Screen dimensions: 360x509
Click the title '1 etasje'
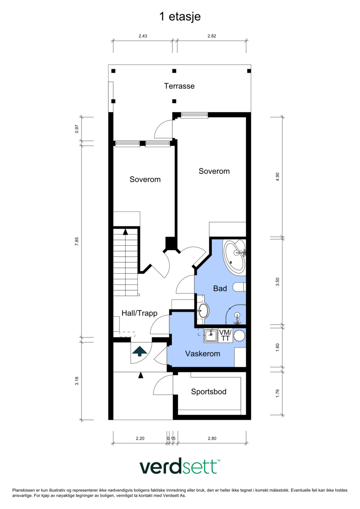(180, 17)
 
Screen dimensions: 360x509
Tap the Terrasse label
(179, 86)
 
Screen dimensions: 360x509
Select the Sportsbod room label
(208, 392)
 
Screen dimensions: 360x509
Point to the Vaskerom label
(202, 353)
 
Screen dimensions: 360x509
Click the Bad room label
(220, 288)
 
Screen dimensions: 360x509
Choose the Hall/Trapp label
(139, 313)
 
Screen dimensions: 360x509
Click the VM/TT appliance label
(225, 335)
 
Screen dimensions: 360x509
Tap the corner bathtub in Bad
(234, 257)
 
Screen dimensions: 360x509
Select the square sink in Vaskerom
(211, 335)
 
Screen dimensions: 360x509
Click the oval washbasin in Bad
(203, 311)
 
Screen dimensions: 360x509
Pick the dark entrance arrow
(139, 351)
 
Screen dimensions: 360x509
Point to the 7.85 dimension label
(77, 242)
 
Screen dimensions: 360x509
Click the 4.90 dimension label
(277, 177)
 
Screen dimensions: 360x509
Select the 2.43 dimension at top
(143, 36)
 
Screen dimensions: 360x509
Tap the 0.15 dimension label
(171, 438)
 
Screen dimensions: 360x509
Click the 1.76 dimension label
(277, 393)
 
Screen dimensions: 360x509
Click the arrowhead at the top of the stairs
(125, 231)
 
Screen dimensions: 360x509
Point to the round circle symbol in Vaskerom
(239, 335)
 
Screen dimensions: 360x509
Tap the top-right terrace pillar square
(249, 71)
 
